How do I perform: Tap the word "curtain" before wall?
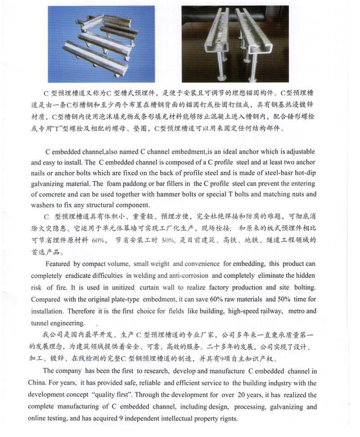tap(152, 287)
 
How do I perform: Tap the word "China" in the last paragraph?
tap(40, 383)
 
